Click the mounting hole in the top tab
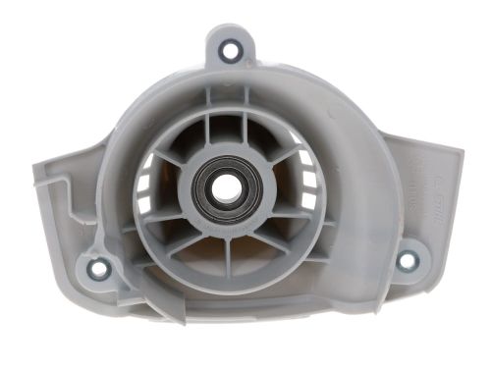(231, 50)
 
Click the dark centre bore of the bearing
(221, 190)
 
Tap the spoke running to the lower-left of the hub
(177, 236)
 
